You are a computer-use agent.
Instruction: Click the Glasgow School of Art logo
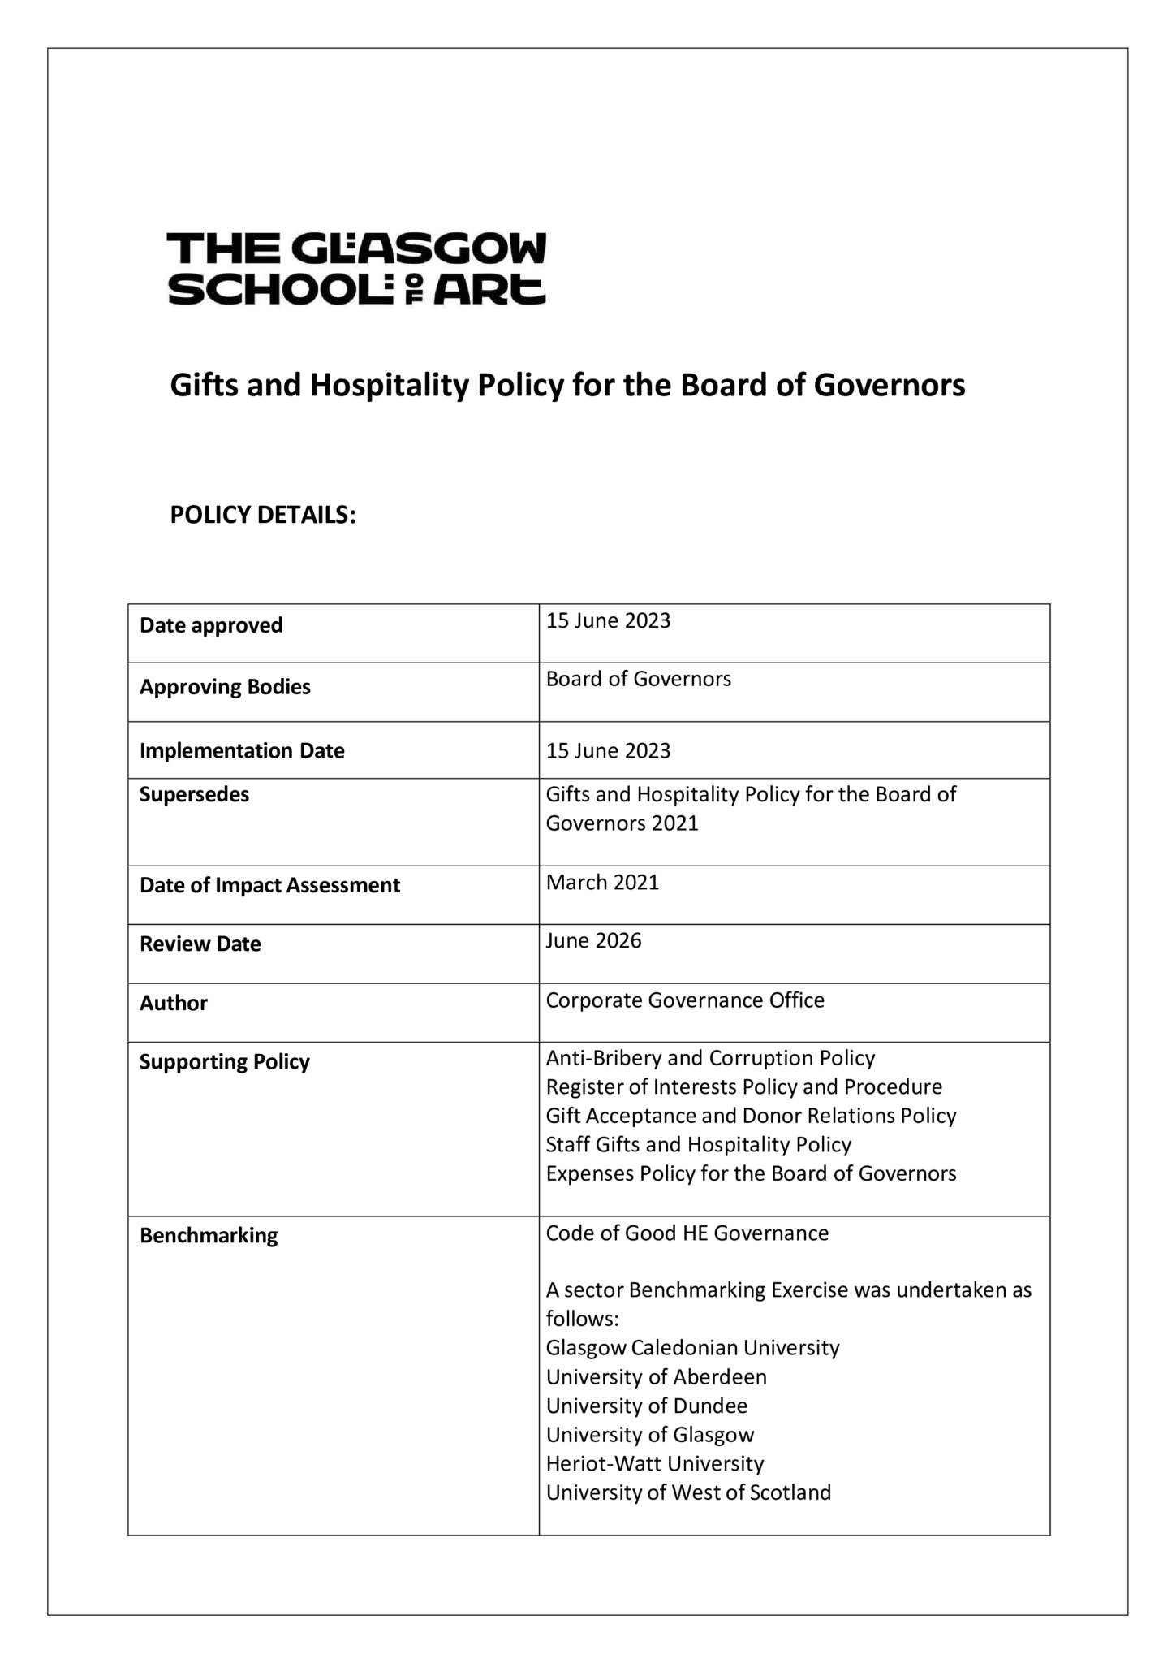pyautogui.click(x=356, y=269)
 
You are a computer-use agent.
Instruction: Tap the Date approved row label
pyautogui.click(x=211, y=625)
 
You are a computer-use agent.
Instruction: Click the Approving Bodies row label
pyautogui.click(x=225, y=687)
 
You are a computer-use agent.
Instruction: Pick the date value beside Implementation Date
pyautogui.click(x=608, y=750)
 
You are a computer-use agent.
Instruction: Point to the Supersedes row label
pyautogui.click(x=194, y=794)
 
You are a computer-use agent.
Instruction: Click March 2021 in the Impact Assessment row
pyautogui.click(x=602, y=883)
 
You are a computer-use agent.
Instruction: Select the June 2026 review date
pyautogui.click(x=593, y=941)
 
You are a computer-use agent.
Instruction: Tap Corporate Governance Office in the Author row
pyautogui.click(x=684, y=1000)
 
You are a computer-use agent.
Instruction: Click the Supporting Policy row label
pyautogui.click(x=224, y=1062)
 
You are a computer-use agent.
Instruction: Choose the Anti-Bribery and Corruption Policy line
pyautogui.click(x=710, y=1058)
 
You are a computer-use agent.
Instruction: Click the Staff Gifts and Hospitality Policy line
pyautogui.click(x=698, y=1145)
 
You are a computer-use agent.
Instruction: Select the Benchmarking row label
pyautogui.click(x=209, y=1236)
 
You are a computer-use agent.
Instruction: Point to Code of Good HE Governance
pyautogui.click(x=687, y=1233)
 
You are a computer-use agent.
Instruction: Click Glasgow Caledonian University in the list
pyautogui.click(x=692, y=1348)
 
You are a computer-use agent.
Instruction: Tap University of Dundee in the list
pyautogui.click(x=646, y=1406)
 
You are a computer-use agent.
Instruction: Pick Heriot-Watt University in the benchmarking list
pyautogui.click(x=654, y=1463)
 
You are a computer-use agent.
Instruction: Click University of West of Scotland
pyautogui.click(x=688, y=1492)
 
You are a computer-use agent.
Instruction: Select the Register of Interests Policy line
pyautogui.click(x=743, y=1087)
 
